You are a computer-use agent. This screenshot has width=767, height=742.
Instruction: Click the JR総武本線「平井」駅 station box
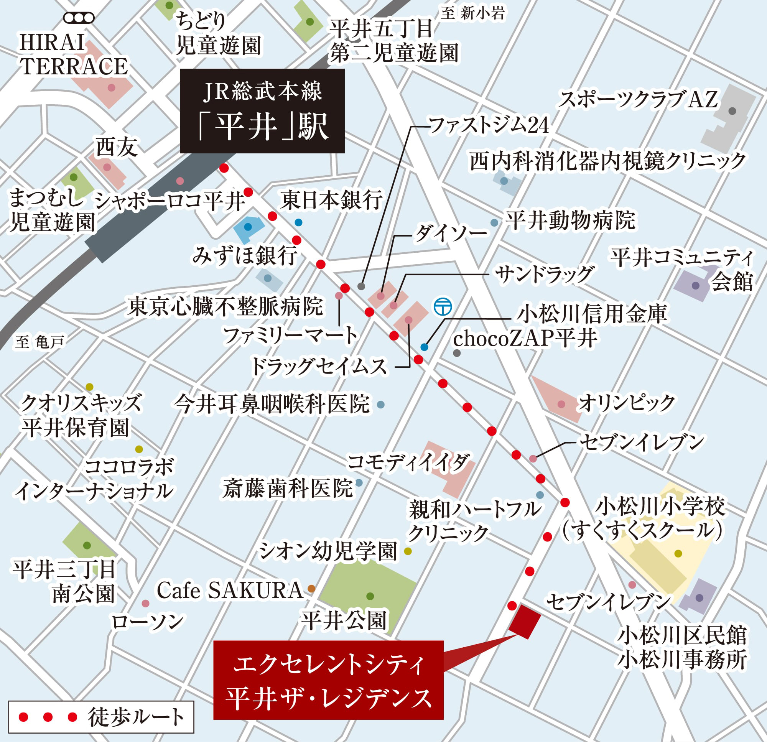click(x=262, y=111)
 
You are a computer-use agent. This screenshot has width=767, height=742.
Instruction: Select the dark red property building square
click(x=525, y=622)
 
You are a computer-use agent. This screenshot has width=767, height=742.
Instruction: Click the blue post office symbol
click(x=443, y=306)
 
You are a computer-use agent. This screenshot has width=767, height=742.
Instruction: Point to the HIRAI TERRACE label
click(x=73, y=54)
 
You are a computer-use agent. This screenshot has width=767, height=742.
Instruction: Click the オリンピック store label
click(x=627, y=403)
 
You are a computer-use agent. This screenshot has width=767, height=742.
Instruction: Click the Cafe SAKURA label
click(x=230, y=591)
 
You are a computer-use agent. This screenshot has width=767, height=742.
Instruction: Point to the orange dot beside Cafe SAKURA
click(x=311, y=589)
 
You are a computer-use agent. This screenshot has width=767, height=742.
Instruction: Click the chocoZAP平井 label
click(x=525, y=339)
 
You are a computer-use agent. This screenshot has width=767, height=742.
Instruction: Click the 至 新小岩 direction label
click(x=473, y=13)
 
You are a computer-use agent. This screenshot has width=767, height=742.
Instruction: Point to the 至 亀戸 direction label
click(x=40, y=342)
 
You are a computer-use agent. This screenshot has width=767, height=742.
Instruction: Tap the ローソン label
click(x=147, y=622)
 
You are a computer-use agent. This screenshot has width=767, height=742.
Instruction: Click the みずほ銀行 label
click(x=244, y=256)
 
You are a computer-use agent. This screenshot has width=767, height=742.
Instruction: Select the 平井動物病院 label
click(x=570, y=220)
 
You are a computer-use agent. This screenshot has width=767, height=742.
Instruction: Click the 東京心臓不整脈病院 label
click(x=225, y=306)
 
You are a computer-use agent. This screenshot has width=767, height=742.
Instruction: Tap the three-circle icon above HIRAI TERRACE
click(x=79, y=18)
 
